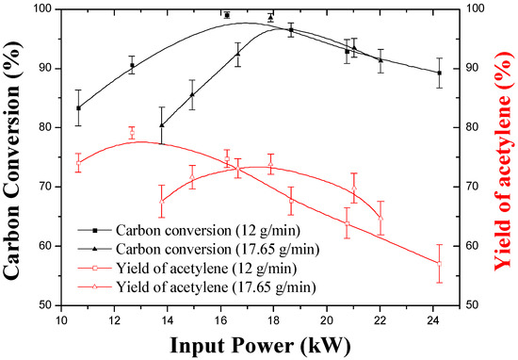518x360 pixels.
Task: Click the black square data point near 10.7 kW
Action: [x=79, y=108]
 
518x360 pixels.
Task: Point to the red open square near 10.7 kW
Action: [x=79, y=163]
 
